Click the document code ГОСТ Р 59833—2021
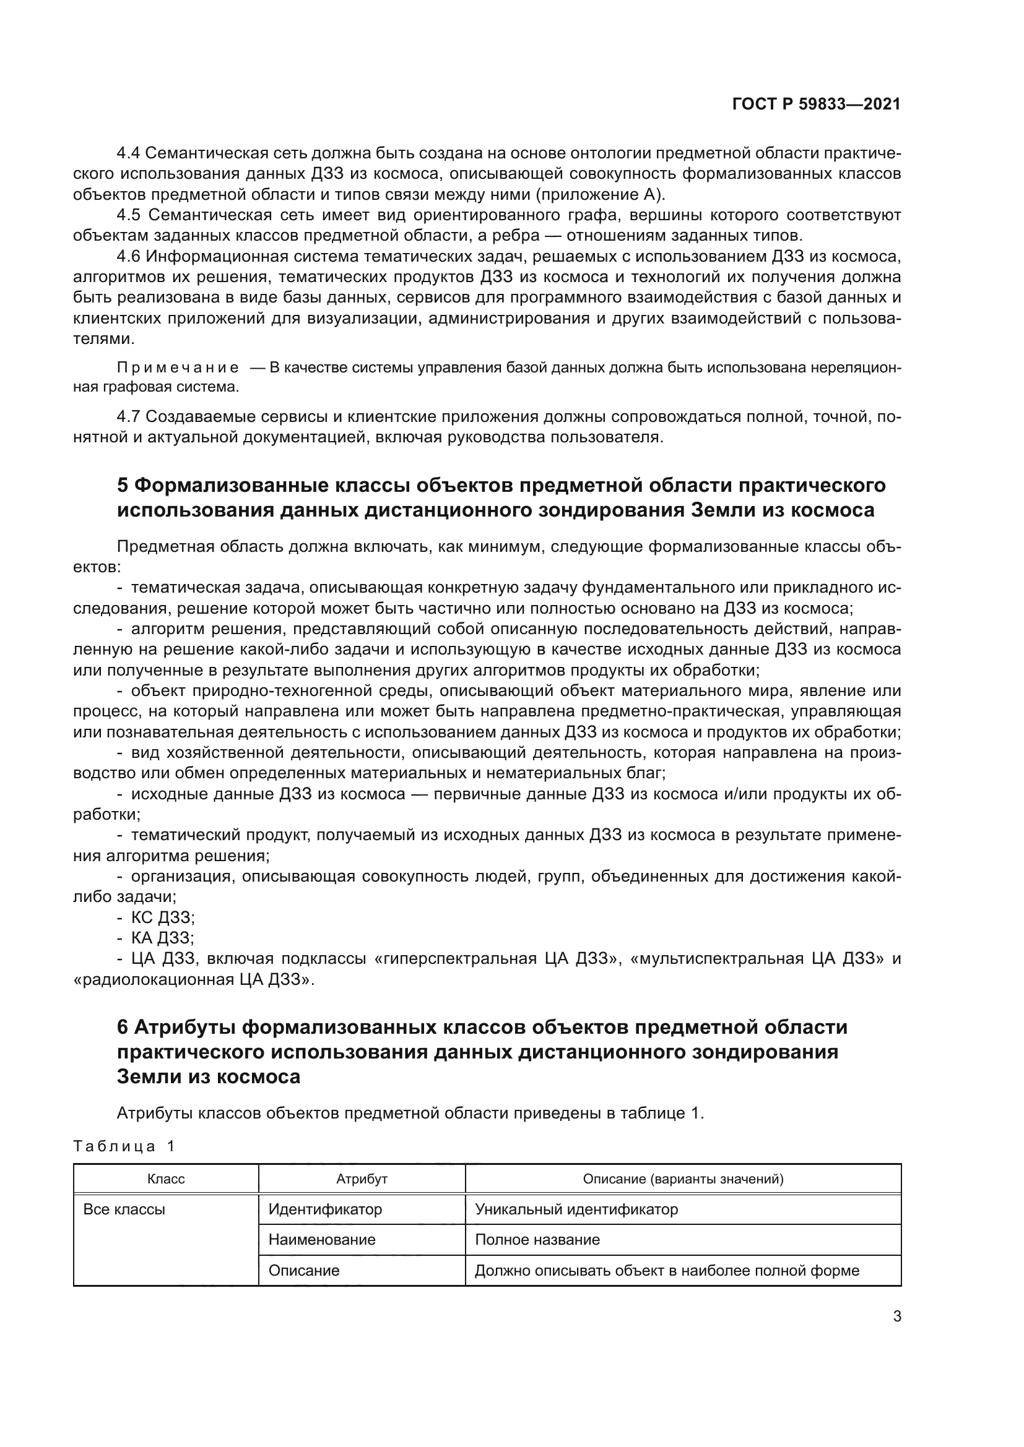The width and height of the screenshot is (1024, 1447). point(816,105)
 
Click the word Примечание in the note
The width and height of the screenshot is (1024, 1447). point(178,368)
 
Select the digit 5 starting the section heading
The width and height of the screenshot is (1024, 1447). point(123,485)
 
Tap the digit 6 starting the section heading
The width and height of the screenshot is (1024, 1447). point(123,1028)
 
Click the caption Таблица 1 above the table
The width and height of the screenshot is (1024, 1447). point(124,1146)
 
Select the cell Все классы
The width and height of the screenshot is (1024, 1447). point(124,1209)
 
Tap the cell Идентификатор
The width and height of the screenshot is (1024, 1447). point(325,1209)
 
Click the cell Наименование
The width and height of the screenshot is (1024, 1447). point(321,1240)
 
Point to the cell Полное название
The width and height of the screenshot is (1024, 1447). point(537,1240)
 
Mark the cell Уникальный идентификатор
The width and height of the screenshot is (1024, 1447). point(576,1209)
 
